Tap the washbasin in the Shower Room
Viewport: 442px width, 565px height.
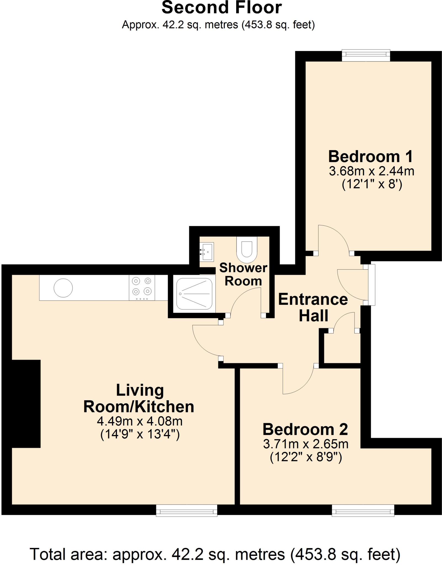[207, 252]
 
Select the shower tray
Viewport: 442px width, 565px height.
[194, 294]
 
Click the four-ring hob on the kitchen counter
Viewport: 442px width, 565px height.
[142, 287]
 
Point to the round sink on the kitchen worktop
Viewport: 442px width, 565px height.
[63, 287]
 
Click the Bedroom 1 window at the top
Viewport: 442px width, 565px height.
[366, 55]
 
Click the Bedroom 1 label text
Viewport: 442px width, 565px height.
[371, 156]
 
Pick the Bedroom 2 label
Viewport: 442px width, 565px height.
[305, 429]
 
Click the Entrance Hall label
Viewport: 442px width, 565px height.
[313, 307]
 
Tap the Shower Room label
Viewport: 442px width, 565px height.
[243, 274]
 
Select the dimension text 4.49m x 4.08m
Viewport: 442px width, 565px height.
[140, 421]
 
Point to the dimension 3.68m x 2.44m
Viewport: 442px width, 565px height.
[371, 171]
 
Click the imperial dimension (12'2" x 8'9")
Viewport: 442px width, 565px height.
[306, 458]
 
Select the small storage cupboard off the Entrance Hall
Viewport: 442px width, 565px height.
[342, 348]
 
